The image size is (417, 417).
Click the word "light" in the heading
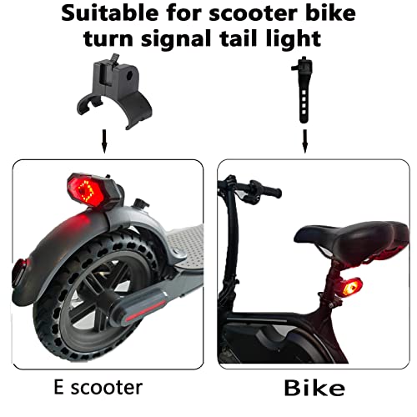coord(299,38)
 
